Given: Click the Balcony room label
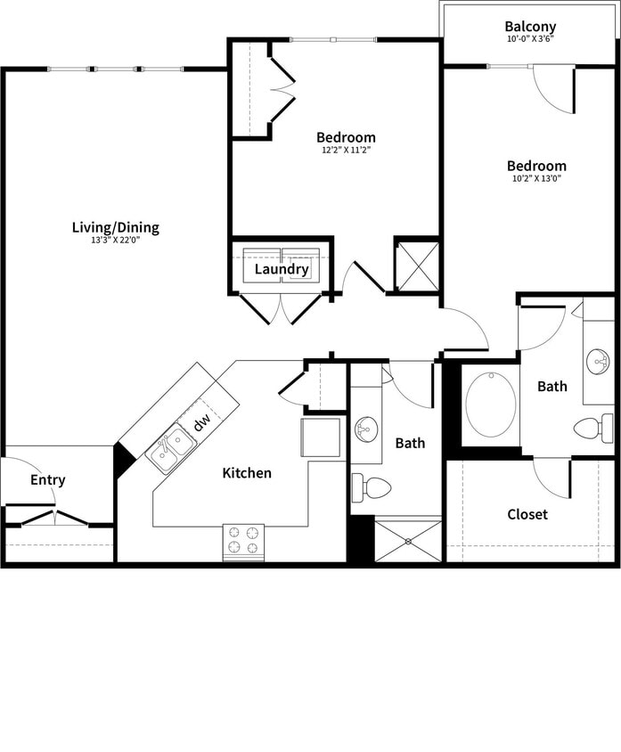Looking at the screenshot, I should [x=530, y=27].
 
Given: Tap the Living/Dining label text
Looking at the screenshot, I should [x=116, y=227].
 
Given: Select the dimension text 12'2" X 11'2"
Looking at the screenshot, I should [x=346, y=151].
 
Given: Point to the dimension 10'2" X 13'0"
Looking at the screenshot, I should [x=536, y=178].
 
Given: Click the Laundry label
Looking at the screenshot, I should [x=282, y=269].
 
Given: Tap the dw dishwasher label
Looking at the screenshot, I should [x=203, y=420].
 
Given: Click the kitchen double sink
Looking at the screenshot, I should [x=172, y=448].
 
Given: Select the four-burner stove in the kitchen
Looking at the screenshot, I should [x=243, y=541].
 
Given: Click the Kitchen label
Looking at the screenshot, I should [x=247, y=472].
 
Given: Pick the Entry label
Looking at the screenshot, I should [x=48, y=480].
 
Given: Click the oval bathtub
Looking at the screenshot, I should [x=490, y=405].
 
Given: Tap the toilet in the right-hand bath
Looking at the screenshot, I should [x=592, y=428].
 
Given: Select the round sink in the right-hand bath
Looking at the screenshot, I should [x=598, y=362].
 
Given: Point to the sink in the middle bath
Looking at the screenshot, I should [x=366, y=430].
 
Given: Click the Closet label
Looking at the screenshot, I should [x=527, y=514].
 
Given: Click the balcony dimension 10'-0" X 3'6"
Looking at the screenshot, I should [x=530, y=39].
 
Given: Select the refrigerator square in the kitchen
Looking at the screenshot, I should [x=321, y=437].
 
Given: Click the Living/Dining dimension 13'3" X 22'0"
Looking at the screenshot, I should [x=116, y=241].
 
